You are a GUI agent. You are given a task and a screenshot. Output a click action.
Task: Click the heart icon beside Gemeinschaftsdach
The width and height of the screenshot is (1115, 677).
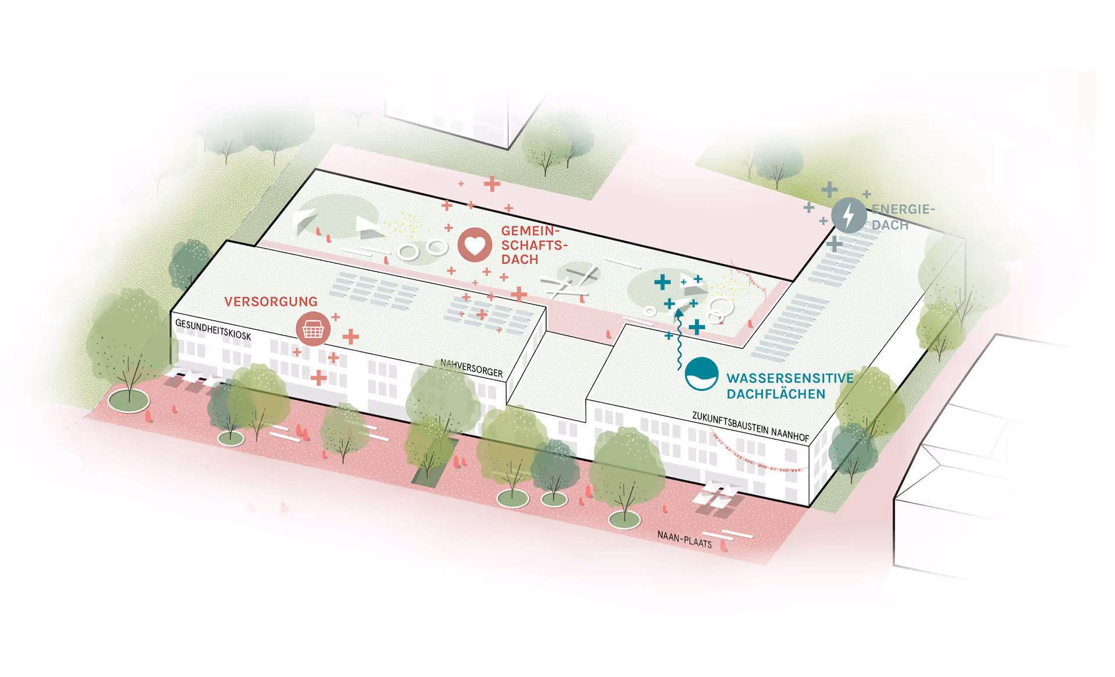tap(474, 245)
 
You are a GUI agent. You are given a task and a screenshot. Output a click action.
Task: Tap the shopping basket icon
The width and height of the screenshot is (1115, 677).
tap(313, 329)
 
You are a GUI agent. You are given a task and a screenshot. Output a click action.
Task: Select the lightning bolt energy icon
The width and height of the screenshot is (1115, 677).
tap(848, 215)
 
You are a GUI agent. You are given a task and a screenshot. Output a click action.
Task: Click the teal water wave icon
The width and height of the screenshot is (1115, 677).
tap(702, 374)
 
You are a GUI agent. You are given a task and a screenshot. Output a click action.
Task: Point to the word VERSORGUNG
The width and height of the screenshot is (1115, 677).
tap(271, 301)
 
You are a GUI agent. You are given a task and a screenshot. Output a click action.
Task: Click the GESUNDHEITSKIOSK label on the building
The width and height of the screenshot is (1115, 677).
tap(213, 330)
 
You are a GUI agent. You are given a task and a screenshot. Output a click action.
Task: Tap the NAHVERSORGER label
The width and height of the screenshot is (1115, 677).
tap(471, 368)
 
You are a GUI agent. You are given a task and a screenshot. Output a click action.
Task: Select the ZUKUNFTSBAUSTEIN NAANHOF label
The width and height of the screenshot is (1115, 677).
tap(750, 427)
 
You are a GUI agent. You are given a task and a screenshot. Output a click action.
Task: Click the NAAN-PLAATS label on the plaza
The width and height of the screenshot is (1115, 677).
tap(684, 539)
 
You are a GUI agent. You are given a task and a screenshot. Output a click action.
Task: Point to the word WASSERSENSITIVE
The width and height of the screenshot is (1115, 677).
tap(790, 378)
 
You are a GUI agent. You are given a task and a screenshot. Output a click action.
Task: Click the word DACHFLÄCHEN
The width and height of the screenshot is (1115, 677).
tap(775, 394)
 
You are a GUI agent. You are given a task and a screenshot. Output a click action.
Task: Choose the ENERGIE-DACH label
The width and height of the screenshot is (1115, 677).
tap(902, 217)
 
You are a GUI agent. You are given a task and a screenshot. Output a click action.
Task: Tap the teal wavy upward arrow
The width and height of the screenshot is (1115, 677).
tap(679, 343)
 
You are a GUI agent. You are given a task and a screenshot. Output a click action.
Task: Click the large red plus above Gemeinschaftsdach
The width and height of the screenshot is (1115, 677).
tap(492, 184)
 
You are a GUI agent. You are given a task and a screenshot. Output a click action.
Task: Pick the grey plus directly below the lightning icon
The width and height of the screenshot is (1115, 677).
tap(835, 244)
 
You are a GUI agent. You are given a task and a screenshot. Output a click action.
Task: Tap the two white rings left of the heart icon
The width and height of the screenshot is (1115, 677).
tap(422, 250)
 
